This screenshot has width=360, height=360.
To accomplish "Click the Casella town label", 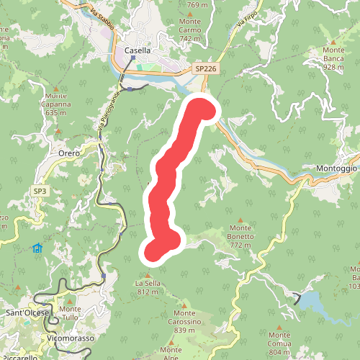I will pos(138,50).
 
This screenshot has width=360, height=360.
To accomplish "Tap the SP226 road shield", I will pos(205,68).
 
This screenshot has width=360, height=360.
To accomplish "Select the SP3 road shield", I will pos(40,191).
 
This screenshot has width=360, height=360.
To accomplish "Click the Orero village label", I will pos(70,153).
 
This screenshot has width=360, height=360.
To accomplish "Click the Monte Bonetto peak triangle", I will pos(240,220).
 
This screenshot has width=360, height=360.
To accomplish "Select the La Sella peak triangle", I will pos(147,275).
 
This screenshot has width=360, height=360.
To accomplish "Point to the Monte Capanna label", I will pos(60,104).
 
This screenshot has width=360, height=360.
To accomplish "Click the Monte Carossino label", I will pos(197,322).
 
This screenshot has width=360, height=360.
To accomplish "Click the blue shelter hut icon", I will pos(37,248).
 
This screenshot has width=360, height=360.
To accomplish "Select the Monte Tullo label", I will pos(70,314).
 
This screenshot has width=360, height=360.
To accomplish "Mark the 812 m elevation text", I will pos(147,292).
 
